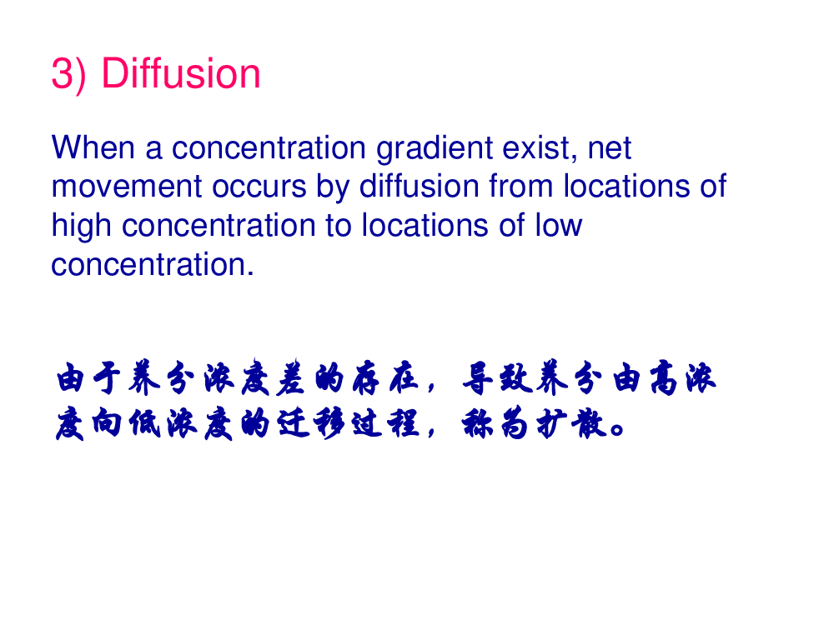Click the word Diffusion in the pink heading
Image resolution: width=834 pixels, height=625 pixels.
click(181, 73)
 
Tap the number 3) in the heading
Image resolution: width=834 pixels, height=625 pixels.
click(68, 74)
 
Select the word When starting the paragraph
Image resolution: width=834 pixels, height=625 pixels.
click(93, 147)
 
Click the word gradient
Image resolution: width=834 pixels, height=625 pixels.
click(435, 149)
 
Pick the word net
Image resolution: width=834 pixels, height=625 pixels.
click(609, 148)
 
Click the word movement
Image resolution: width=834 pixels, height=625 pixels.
click(127, 187)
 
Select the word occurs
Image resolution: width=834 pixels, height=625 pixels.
click(259, 187)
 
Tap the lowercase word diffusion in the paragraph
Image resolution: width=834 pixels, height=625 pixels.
click(419, 186)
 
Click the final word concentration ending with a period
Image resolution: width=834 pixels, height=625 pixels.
click(152, 265)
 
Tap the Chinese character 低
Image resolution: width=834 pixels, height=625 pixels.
click(144, 423)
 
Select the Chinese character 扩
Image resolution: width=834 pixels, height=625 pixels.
click(550, 423)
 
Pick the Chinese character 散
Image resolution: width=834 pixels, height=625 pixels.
click(588, 423)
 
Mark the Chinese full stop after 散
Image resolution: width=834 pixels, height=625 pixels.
click(617, 428)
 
